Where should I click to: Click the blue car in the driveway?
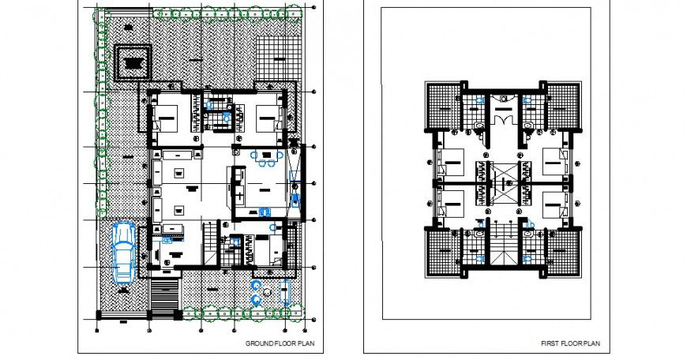pos(123,251)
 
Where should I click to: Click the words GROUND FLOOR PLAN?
pos(273,343)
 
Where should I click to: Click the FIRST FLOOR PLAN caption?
pos(570,343)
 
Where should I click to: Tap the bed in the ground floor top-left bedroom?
pos(168,121)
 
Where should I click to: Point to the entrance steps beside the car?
pos(164,298)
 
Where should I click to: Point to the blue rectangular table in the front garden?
pos(285,292)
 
